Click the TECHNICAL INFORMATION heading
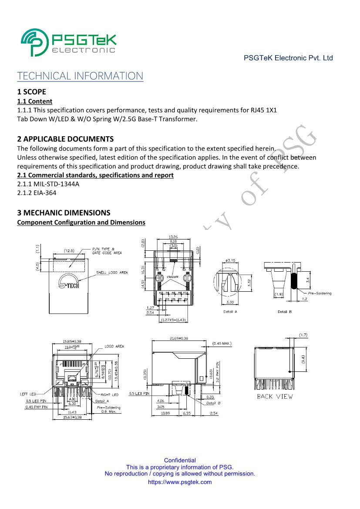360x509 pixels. click(80, 76)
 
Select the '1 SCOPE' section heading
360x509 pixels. click(31, 92)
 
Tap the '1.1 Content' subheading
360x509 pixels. click(35, 101)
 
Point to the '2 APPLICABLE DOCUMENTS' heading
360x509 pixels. click(65, 139)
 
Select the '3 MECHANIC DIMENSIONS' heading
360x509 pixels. click(64, 213)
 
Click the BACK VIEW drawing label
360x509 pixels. click(275, 396)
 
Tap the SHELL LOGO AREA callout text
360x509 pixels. click(112, 273)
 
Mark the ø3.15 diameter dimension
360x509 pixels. click(230, 260)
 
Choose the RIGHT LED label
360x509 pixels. click(110, 394)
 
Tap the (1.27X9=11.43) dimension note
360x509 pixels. click(174, 320)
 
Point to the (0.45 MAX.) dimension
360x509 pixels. click(222, 344)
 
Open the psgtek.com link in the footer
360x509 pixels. click(180, 482)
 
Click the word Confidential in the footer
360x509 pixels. click(180, 460)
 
